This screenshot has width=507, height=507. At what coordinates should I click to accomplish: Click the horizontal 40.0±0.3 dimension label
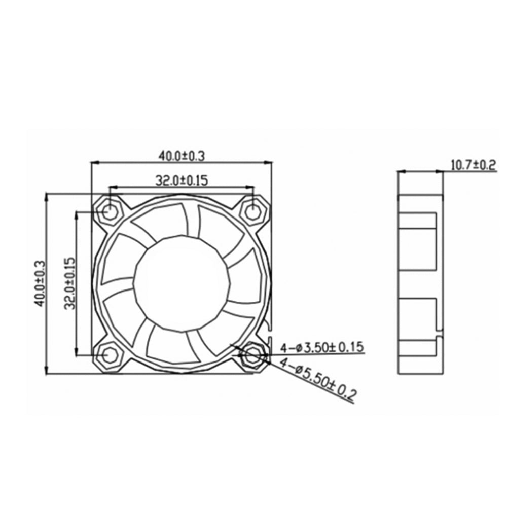click(182, 156)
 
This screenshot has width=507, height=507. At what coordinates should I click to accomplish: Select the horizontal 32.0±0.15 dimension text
click(182, 179)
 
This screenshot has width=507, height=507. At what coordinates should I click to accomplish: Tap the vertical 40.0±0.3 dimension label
click(40, 284)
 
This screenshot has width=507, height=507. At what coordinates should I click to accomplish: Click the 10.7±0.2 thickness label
click(473, 165)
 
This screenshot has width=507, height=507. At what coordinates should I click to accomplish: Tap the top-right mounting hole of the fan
click(252, 211)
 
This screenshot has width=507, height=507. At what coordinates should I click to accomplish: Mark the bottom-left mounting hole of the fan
click(109, 356)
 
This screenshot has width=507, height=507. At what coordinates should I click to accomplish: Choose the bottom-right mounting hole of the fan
click(252, 356)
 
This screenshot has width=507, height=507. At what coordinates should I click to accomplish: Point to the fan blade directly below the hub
click(170, 345)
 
